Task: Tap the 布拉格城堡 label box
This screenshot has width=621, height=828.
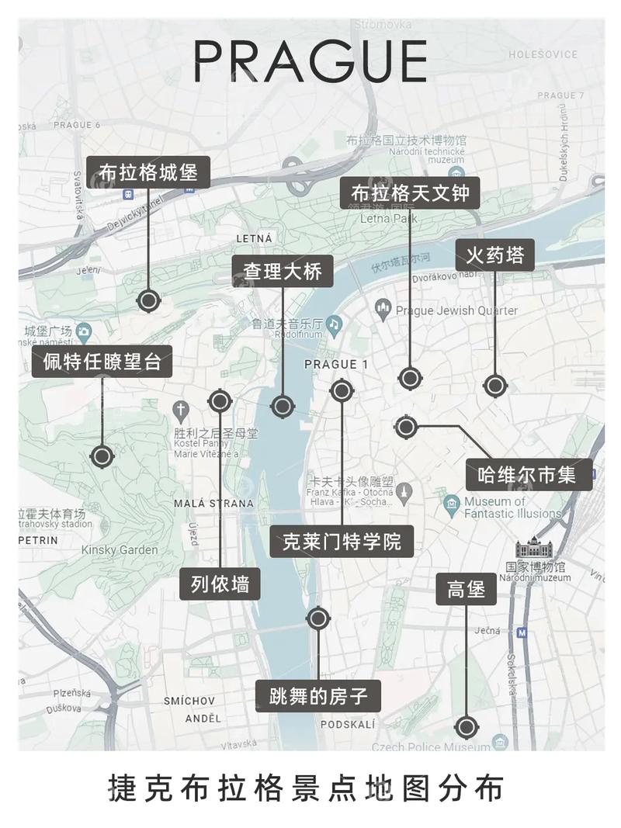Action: click(148, 172)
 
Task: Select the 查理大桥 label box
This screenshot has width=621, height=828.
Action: click(283, 272)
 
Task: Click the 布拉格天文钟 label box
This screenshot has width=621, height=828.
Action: click(411, 192)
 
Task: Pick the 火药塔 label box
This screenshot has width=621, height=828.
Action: click(495, 255)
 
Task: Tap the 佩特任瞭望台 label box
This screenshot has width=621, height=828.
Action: click(102, 362)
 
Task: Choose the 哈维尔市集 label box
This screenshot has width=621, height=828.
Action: click(529, 475)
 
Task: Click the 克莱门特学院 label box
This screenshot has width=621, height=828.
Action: click(342, 541)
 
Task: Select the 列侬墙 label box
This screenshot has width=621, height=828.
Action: click(220, 584)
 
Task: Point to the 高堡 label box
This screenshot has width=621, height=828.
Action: click(466, 589)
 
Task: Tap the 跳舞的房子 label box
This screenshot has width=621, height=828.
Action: click(318, 696)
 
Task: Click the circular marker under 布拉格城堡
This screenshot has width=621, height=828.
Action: click(148, 300)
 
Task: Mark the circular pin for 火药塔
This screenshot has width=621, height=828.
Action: click(494, 385)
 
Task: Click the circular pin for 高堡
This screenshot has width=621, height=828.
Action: click(466, 727)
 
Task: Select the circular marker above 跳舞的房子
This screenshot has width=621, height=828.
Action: click(318, 618)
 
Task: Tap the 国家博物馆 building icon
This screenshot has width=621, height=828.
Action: click(535, 548)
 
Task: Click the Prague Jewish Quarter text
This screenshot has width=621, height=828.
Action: click(456, 310)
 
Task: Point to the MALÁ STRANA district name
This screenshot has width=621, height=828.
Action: click(213, 503)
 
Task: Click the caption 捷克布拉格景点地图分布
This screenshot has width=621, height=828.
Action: click(310, 788)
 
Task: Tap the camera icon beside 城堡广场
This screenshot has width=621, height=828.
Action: click(83, 332)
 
